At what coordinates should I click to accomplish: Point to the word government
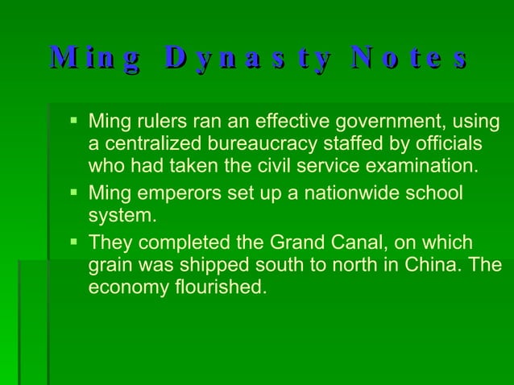370,123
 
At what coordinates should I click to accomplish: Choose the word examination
412,167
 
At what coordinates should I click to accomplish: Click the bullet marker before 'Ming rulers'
73,123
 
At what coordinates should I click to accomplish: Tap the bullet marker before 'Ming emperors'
73,193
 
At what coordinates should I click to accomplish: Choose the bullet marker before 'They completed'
73,242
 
